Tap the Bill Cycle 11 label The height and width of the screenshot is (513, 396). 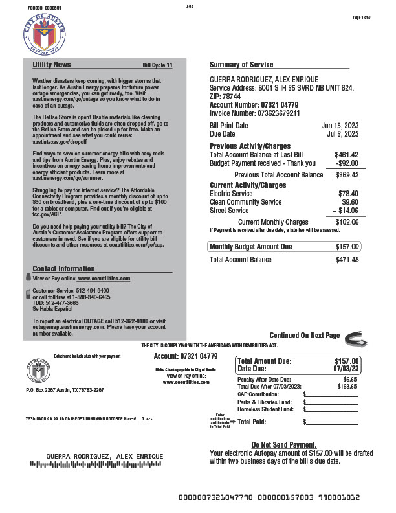coord(157,65)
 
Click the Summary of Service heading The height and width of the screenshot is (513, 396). coord(241,65)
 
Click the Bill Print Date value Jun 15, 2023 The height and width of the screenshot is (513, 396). coord(340,125)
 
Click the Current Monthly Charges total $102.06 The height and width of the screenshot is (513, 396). coord(346,222)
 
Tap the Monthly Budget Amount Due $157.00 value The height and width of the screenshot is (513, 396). coord(346,247)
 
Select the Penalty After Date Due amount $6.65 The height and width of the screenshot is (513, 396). coord(349,379)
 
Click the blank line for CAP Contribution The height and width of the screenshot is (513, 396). coord(331,394)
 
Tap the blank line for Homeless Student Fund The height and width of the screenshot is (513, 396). coord(331,409)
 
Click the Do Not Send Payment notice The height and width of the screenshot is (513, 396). coord(283,445)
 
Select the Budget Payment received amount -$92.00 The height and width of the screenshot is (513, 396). coord(346,163)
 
